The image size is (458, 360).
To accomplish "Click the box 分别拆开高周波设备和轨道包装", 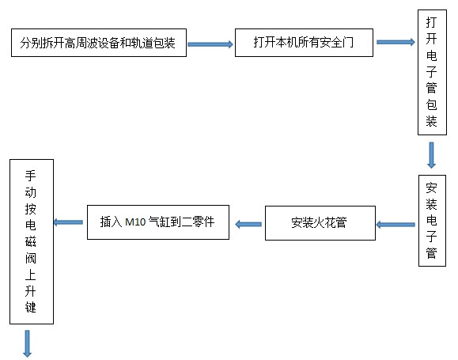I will click(x=98, y=44).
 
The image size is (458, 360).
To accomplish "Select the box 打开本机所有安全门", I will click(x=304, y=44).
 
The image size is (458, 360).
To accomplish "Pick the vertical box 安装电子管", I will click(x=432, y=221).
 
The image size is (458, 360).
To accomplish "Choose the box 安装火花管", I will click(x=319, y=223).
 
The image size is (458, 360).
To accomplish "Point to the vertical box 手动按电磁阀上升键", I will click(x=31, y=241).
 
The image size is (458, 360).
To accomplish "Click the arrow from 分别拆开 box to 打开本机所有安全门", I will click(x=210, y=44).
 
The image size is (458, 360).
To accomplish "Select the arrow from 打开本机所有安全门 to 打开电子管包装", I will click(x=396, y=43).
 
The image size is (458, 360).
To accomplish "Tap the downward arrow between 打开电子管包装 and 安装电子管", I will click(x=432, y=154).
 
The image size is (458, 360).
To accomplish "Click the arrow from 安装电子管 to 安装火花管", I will click(x=394, y=225).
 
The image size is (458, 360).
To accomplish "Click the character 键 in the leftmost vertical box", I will click(x=31, y=306).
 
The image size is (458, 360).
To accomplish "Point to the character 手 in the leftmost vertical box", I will click(x=31, y=176).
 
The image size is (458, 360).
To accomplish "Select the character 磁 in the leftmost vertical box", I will click(x=31, y=241).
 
